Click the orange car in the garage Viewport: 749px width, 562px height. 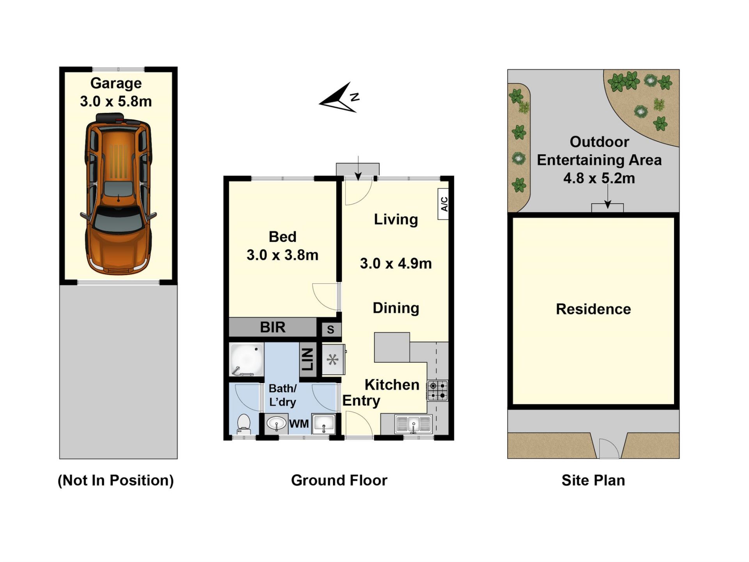pos(118,194)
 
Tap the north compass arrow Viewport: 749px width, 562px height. pos(339,98)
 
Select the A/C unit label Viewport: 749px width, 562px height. pos(444,204)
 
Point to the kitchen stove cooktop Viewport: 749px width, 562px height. pos(437,391)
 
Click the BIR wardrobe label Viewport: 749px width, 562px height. pos(273,327)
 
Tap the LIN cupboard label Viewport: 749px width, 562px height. pos(307,359)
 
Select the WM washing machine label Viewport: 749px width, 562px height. pos(299,424)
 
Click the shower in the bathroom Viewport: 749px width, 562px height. pos(247,359)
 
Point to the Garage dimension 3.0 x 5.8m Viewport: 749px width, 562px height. pos(116,101)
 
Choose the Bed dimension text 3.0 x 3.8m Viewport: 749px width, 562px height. pos(282,255)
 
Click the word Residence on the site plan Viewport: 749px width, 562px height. pos(593,309)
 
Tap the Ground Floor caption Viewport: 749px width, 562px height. pos(339,480)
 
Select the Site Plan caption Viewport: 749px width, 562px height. pos(593,480)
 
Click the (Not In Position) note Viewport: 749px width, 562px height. pos(116,480)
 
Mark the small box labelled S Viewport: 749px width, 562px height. pos(331,329)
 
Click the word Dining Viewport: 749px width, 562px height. pos(396,308)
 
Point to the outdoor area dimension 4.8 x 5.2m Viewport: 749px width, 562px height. pos(599,178)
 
